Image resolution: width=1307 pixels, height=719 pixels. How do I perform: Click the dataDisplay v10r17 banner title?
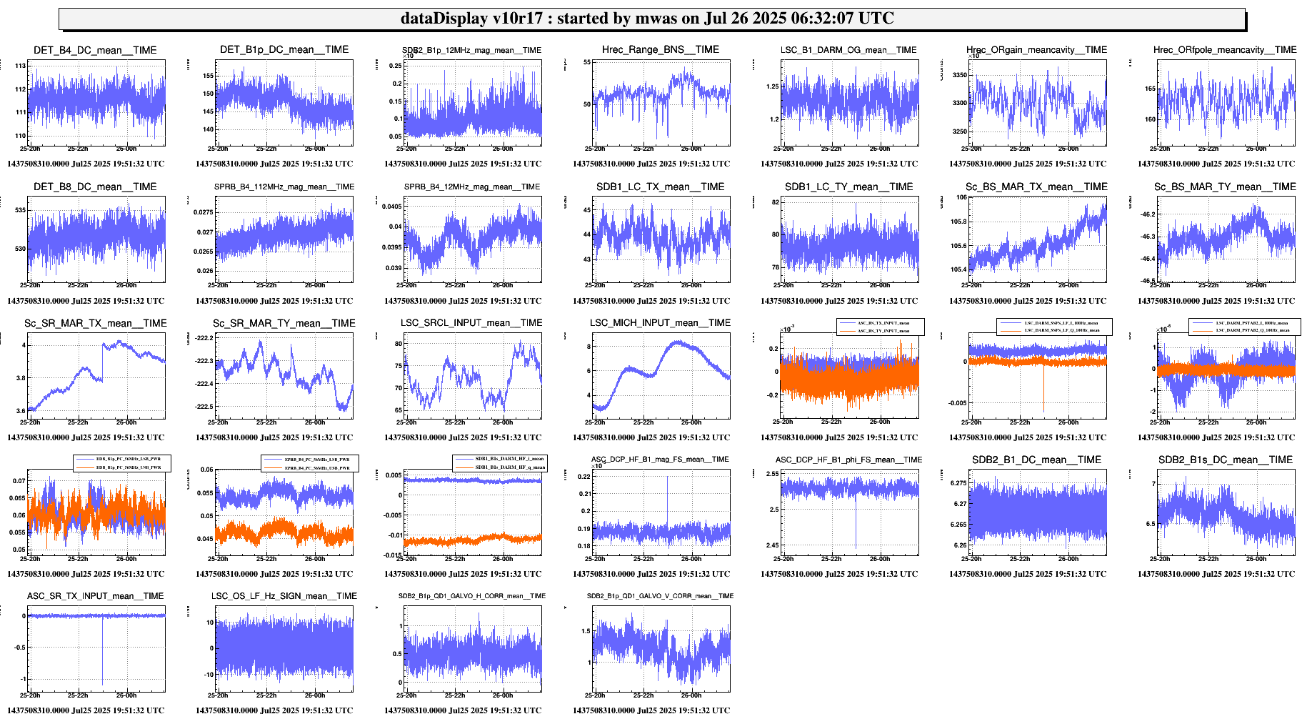pyautogui.click(x=647, y=19)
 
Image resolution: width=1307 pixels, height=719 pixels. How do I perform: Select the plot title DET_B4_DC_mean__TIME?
pyautogui.click(x=95, y=50)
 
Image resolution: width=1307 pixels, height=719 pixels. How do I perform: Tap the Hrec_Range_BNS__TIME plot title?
pyautogui.click(x=660, y=49)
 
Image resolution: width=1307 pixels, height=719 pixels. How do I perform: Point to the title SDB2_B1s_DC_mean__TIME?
pyautogui.click(x=1225, y=460)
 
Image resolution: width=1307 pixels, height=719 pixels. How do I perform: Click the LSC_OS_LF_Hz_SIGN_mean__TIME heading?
pyautogui.click(x=284, y=596)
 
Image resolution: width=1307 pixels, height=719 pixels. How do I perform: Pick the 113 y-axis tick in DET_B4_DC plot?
pyautogui.click(x=20, y=66)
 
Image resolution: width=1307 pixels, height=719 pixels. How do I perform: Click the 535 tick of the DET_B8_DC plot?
pyautogui.click(x=20, y=210)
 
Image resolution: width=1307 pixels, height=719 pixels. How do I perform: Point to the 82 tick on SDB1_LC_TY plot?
pyautogui.click(x=775, y=202)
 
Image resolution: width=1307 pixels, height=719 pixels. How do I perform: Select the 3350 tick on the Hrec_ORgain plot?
pyautogui.click(x=959, y=75)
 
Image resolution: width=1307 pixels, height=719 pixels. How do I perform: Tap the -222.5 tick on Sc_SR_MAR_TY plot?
pyautogui.click(x=204, y=407)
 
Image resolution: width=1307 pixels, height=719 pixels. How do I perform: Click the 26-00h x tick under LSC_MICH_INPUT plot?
pyautogui.click(x=691, y=422)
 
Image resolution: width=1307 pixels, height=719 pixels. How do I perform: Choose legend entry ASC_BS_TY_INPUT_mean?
pyautogui.click(x=883, y=331)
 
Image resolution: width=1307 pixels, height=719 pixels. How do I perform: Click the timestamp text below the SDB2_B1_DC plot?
pyautogui.click(x=1027, y=574)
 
